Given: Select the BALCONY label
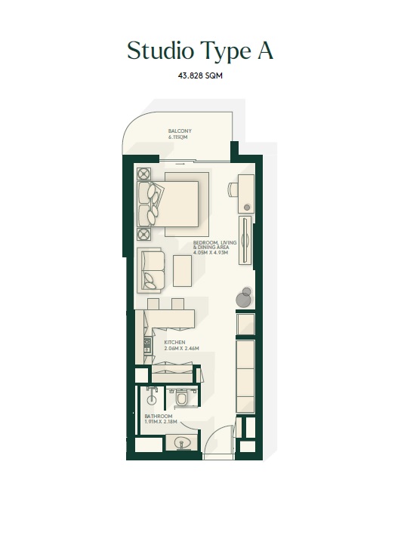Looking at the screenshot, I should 180,131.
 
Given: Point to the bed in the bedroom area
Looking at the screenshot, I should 178,203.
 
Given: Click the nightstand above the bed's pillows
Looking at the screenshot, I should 144,173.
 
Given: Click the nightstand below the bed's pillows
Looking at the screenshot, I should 144,234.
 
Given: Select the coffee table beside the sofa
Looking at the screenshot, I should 183,270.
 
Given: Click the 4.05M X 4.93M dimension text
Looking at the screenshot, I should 210,254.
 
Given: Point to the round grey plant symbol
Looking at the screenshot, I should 243,300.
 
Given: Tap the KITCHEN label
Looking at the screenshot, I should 174,342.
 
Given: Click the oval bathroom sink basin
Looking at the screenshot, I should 181,445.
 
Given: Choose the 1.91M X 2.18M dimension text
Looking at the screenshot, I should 160,420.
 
